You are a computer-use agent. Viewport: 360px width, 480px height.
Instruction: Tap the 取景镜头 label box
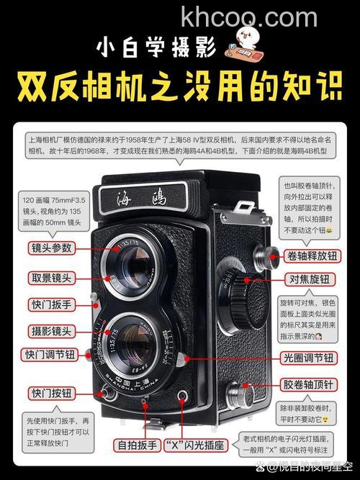(50, 278)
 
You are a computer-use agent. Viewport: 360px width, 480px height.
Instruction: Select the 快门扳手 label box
(50, 304)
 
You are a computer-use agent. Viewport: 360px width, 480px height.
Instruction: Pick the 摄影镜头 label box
(50, 330)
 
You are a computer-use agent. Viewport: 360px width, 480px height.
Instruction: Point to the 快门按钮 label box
(50, 393)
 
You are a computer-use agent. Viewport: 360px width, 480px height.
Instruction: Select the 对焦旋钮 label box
(310, 279)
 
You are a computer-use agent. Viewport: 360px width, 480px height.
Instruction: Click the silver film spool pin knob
(240, 396)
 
